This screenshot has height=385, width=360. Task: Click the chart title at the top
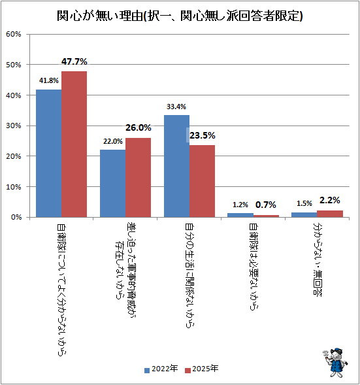[x=180, y=16]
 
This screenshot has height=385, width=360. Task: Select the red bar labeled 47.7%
[x=74, y=144]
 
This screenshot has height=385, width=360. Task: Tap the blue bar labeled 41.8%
[x=49, y=153]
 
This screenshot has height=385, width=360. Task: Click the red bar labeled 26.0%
[x=138, y=178]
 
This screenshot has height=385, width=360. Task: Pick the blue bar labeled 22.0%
[x=112, y=184]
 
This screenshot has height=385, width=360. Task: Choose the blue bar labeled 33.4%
[x=176, y=166]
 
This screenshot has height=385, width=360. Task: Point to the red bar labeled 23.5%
[x=202, y=181]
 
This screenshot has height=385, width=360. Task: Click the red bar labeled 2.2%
[x=330, y=214]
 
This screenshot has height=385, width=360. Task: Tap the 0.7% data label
[x=266, y=205]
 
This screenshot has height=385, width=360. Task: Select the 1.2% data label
[x=240, y=205]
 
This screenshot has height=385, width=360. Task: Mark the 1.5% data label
[x=304, y=203]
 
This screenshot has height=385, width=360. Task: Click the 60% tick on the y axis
[x=14, y=34]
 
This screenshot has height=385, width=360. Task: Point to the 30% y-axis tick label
[x=14, y=126]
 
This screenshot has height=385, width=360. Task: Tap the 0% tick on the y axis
[x=16, y=217]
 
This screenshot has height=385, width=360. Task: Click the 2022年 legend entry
[x=161, y=369]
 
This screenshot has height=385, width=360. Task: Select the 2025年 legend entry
[x=201, y=369]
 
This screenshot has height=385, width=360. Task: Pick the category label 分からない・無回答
[x=318, y=259]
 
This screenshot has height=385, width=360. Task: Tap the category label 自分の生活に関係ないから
[x=189, y=275]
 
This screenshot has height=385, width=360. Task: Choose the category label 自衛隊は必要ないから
[x=254, y=267]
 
